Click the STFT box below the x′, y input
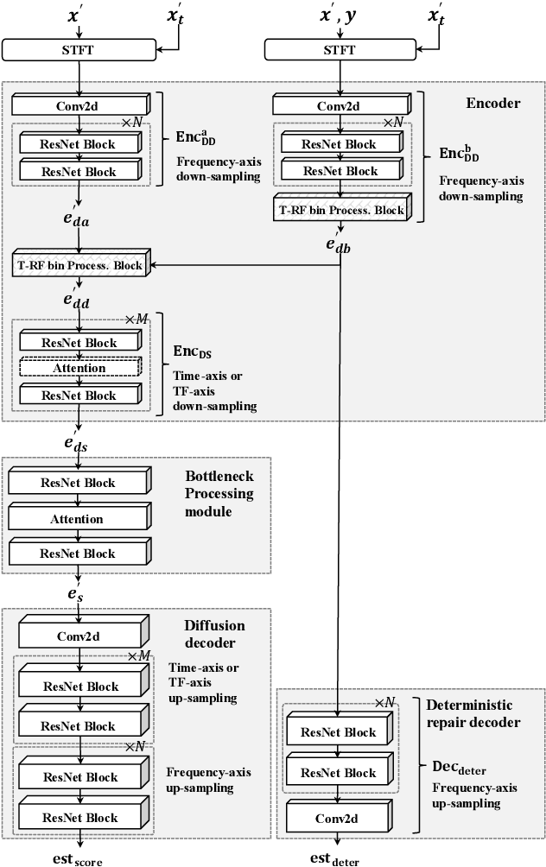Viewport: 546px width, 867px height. click(340, 50)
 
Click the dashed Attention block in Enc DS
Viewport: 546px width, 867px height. click(79, 368)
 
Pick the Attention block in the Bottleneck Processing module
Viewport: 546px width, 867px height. click(79, 519)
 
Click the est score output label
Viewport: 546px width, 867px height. click(79, 858)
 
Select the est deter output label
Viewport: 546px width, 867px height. click(336, 858)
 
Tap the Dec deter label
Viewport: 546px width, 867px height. click(457, 766)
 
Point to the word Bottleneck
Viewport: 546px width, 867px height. click(219, 477)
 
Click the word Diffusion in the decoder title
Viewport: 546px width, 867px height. click(214, 626)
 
